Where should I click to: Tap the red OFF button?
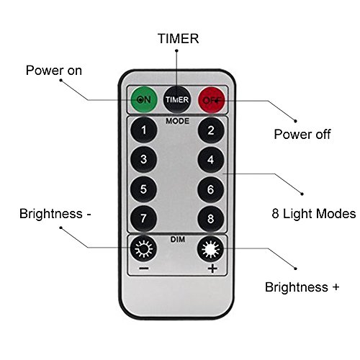pyautogui.click(x=212, y=100)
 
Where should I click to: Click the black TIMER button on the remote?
pyautogui.click(x=177, y=99)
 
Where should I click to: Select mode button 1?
pyautogui.click(x=144, y=130)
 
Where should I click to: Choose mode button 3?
pyautogui.click(x=144, y=159)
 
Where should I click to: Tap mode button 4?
pyautogui.click(x=211, y=160)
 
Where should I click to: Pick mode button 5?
pyautogui.click(x=143, y=189)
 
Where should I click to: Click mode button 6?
pyautogui.click(x=211, y=189)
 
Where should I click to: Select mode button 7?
pyautogui.click(x=143, y=218)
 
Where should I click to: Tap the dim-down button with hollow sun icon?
pyautogui.click(x=143, y=248)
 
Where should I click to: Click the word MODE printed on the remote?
pyautogui.click(x=177, y=121)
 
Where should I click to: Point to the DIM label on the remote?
pyautogui.click(x=178, y=239)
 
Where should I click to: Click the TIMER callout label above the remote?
pyautogui.click(x=179, y=39)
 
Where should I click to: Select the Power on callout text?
pyautogui.click(x=54, y=71)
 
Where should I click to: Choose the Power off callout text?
pyautogui.click(x=302, y=134)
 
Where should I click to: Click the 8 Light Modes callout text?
pyautogui.click(x=314, y=214)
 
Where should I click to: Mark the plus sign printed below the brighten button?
pyautogui.click(x=212, y=269)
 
